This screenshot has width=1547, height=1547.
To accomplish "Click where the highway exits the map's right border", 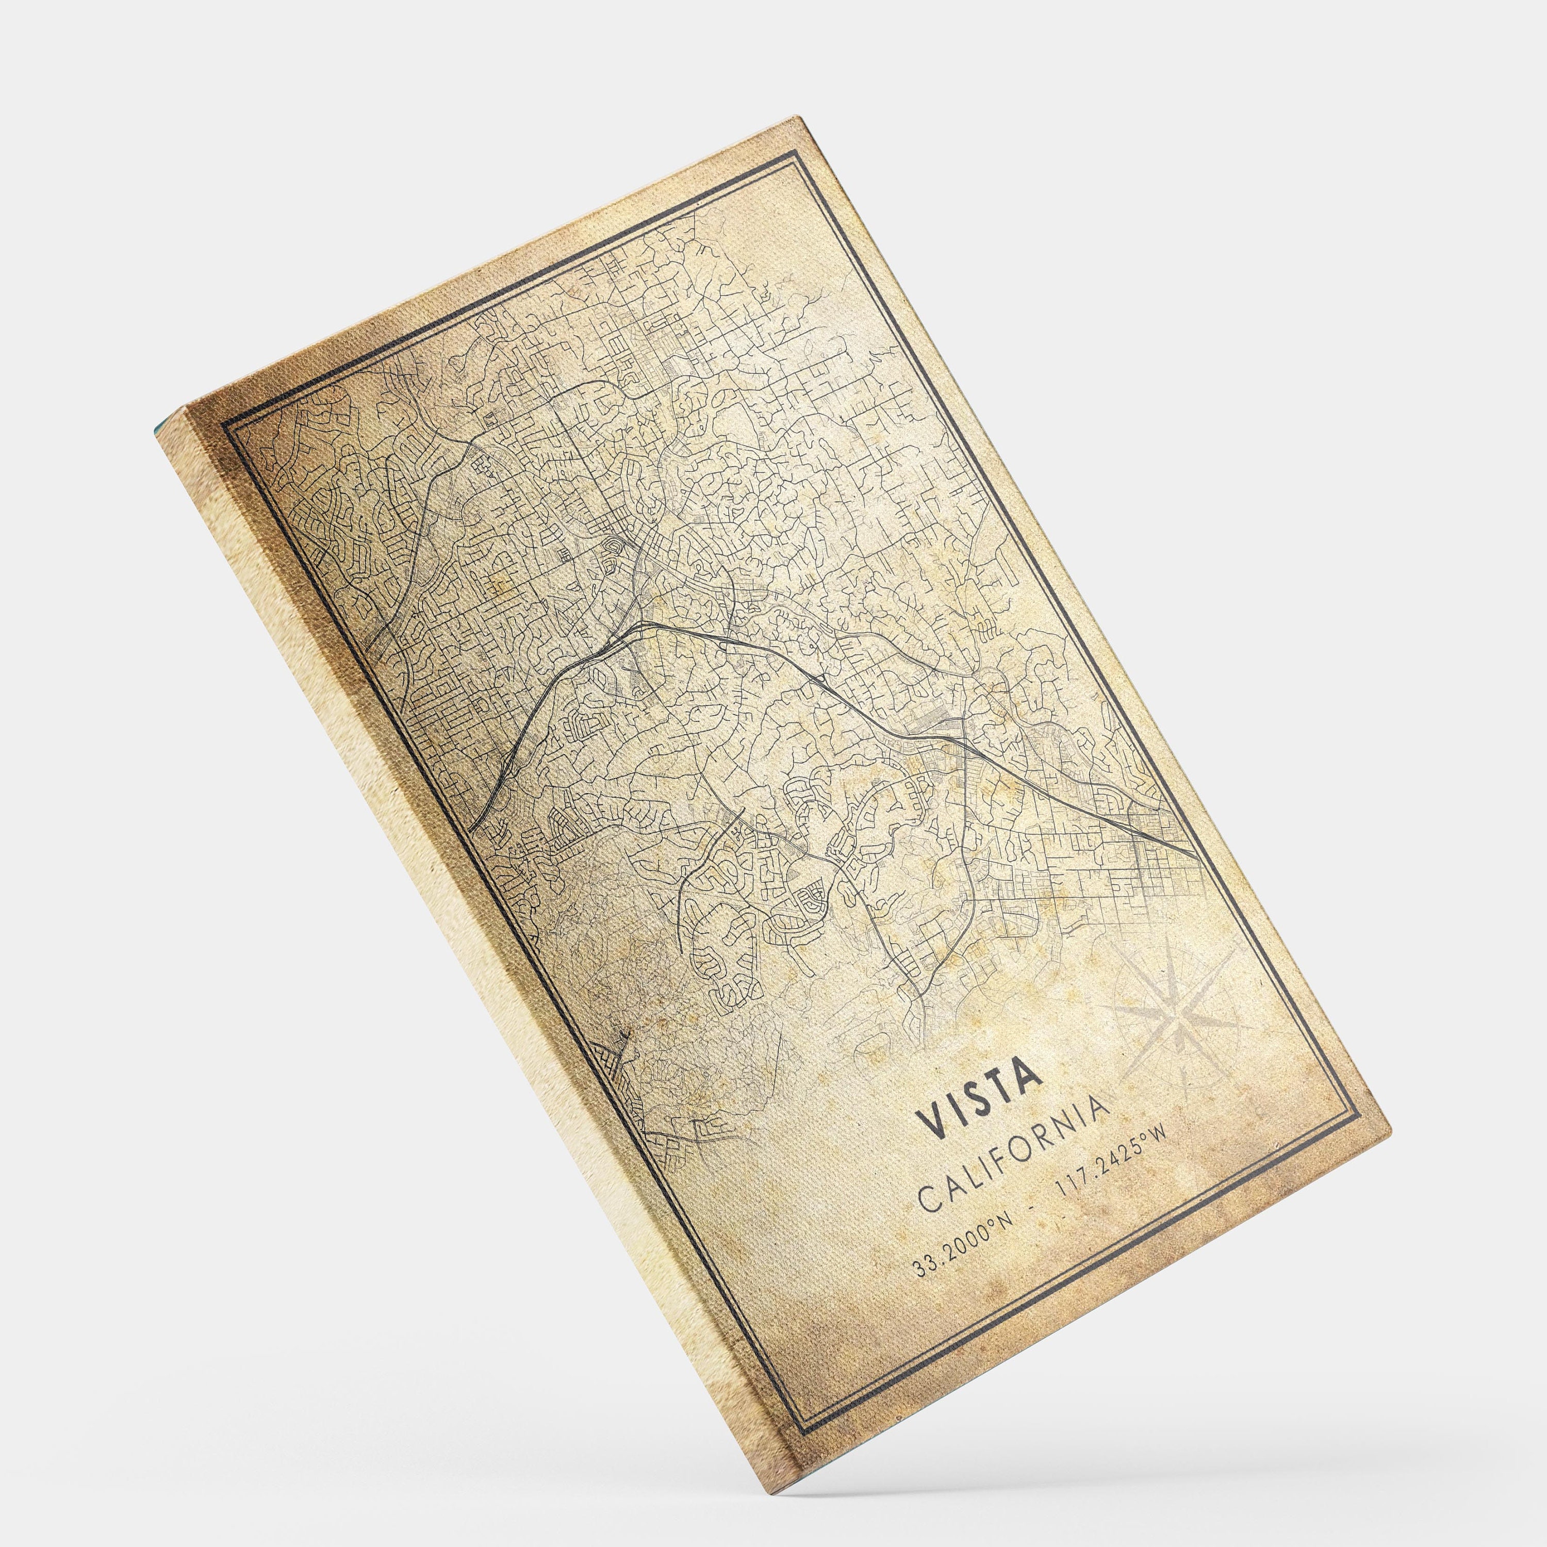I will pos(1199,859).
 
